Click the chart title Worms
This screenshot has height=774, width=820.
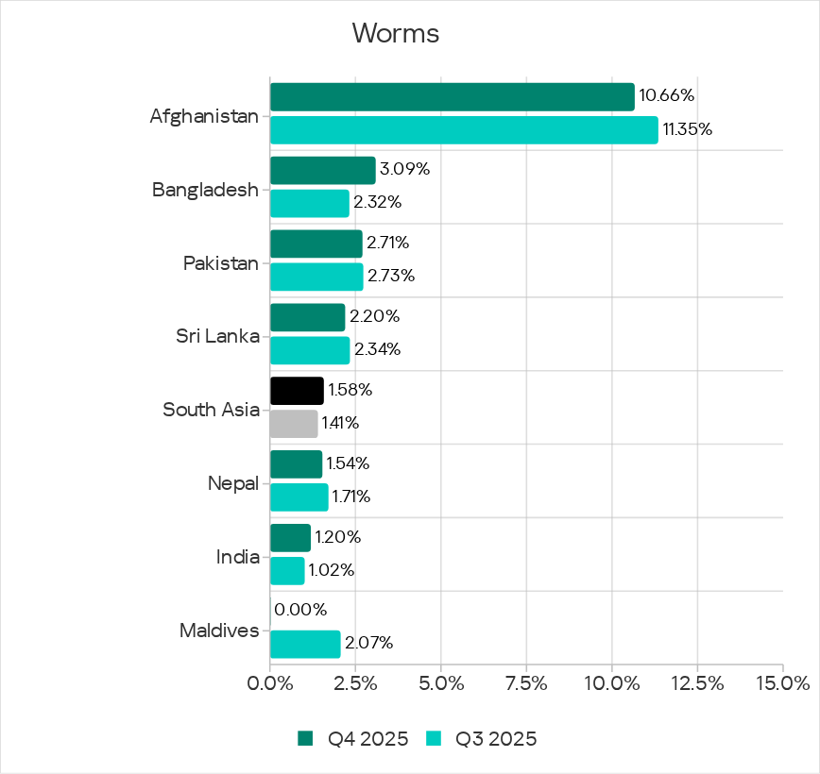click(x=396, y=34)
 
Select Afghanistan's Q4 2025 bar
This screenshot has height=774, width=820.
click(x=452, y=96)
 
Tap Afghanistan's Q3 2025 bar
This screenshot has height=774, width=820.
click(x=464, y=129)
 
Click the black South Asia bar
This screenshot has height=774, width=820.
click(x=297, y=391)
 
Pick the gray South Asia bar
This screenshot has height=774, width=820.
click(x=294, y=424)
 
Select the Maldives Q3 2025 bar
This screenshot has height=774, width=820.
click(x=305, y=645)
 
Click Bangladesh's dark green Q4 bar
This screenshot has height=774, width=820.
click(x=322, y=170)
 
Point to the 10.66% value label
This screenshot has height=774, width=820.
click(x=667, y=95)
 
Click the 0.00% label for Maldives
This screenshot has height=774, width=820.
click(x=300, y=610)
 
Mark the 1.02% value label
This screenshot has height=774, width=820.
click(x=332, y=570)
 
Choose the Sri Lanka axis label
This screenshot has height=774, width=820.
click(x=217, y=335)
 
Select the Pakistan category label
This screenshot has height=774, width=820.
click(x=221, y=262)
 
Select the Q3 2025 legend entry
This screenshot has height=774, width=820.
click(x=483, y=739)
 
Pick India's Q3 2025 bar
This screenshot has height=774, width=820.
click(x=287, y=571)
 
